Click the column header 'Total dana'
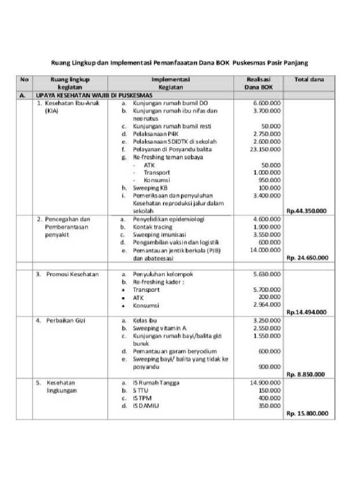(308, 79)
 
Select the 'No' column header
(24, 79)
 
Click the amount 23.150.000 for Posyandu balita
(265, 149)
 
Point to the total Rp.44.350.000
(307, 211)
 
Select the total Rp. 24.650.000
(307, 257)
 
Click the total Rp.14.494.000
(307, 312)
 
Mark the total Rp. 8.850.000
(307, 375)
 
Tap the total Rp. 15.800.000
(307, 413)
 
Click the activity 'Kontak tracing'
(154, 226)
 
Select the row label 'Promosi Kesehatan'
(72, 274)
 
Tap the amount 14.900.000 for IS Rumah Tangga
(265, 382)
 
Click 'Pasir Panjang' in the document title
(287, 62)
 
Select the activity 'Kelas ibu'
(144, 320)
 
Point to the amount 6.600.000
(267, 103)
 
